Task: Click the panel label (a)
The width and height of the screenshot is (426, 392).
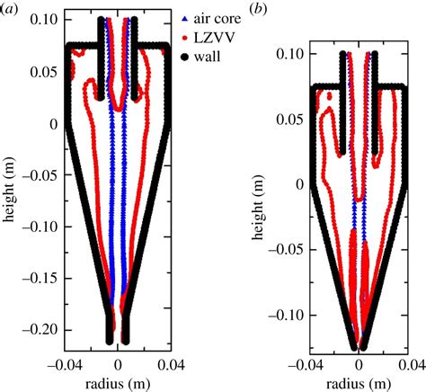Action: click(11, 9)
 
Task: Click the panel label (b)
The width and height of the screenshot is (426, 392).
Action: click(233, 9)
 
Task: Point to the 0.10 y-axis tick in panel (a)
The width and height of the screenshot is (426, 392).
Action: click(42, 19)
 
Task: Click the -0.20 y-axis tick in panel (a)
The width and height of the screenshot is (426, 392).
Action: click(40, 330)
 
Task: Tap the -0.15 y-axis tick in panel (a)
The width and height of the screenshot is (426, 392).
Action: click(40, 279)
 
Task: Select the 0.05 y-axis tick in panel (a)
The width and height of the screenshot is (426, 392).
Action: click(42, 71)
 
